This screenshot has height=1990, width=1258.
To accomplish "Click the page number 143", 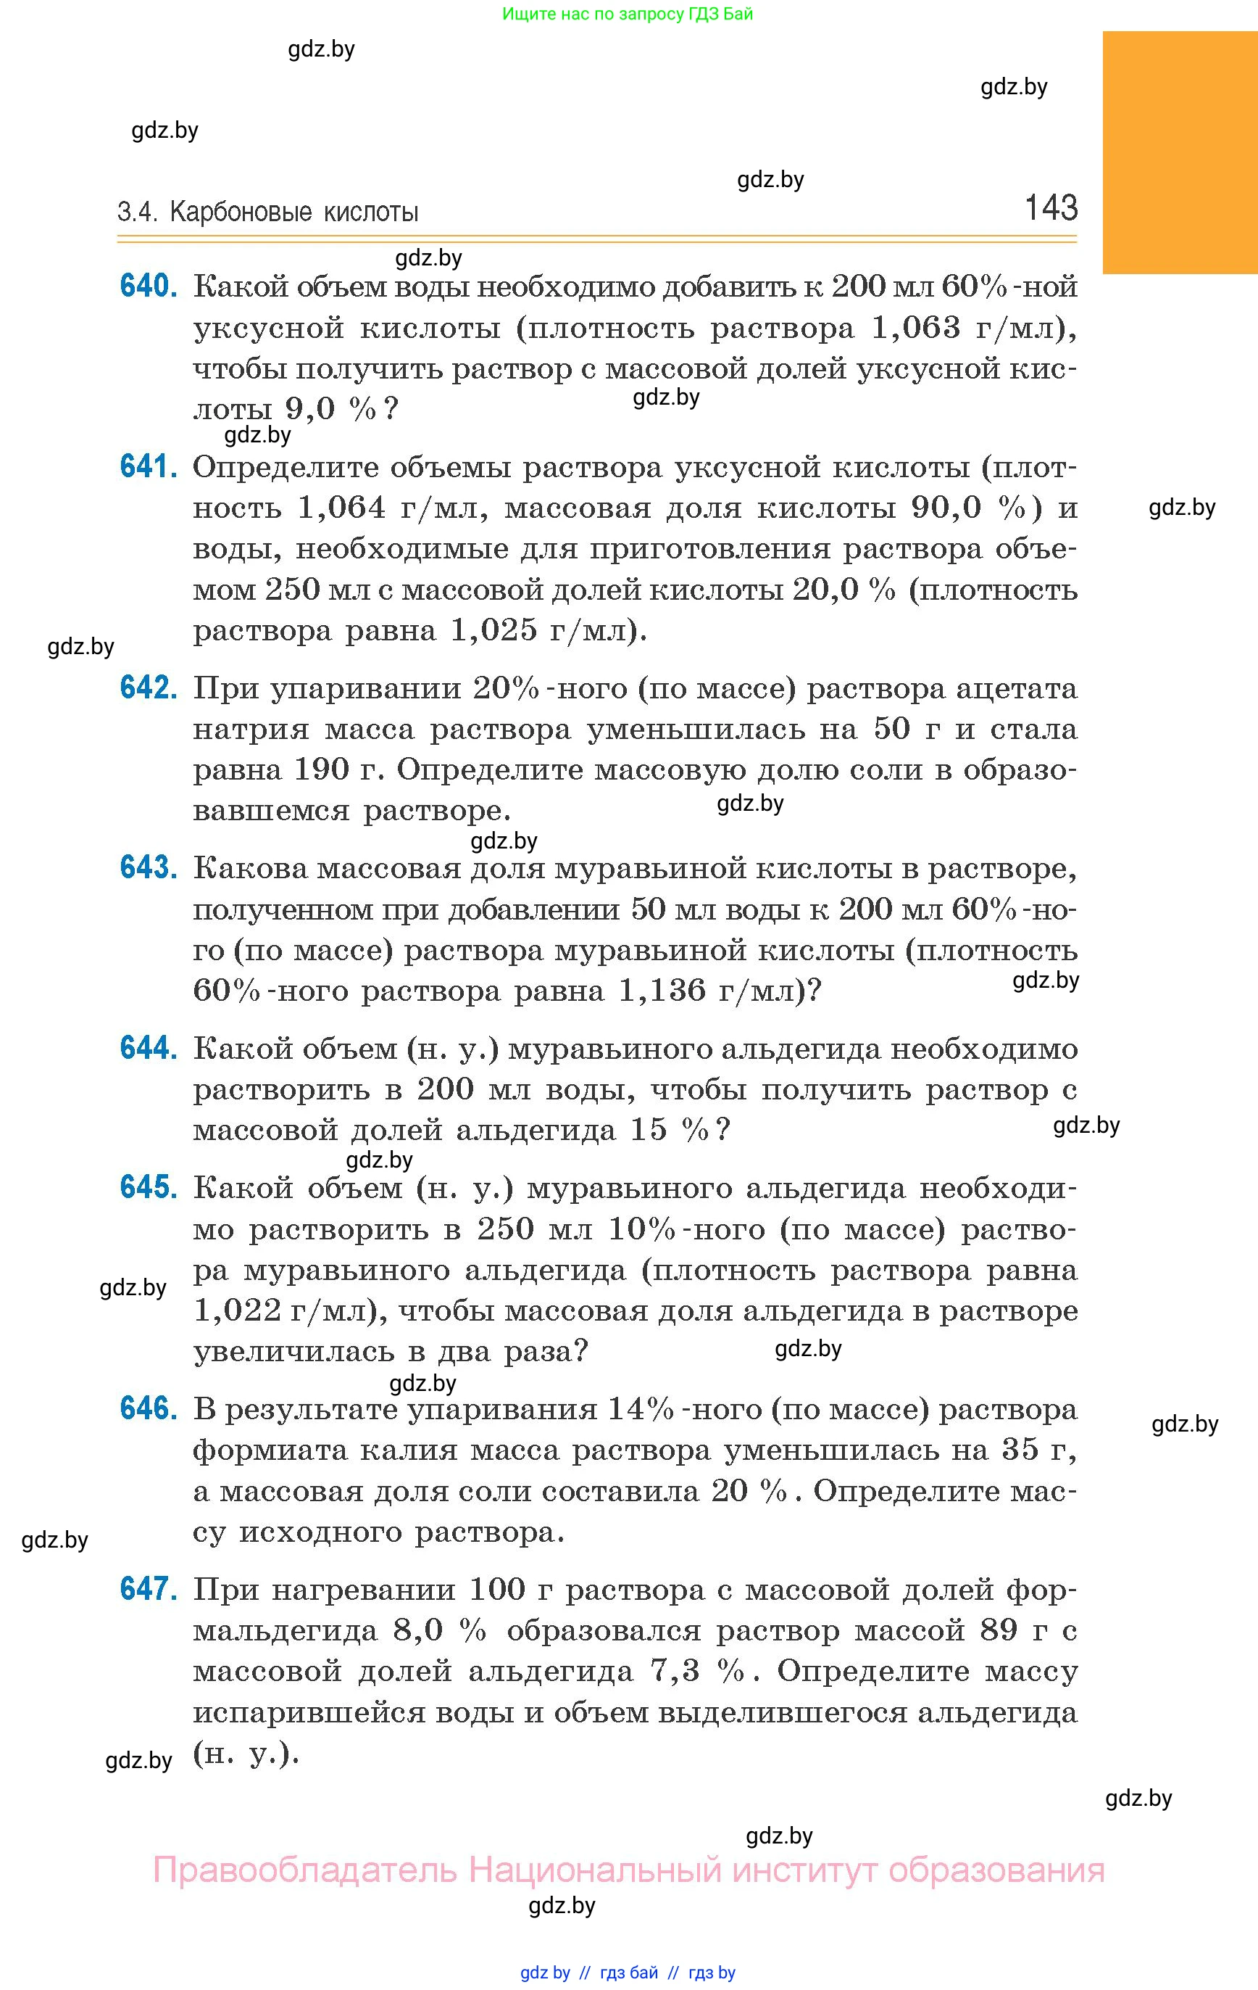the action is pyautogui.click(x=1051, y=207).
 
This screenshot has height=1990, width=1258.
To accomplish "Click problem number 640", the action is pyautogui.click(x=148, y=286).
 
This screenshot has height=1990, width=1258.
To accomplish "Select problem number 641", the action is pyautogui.click(x=148, y=467).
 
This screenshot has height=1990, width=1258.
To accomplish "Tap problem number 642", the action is pyautogui.click(x=148, y=688).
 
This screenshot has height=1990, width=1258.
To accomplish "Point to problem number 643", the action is pyautogui.click(x=148, y=868).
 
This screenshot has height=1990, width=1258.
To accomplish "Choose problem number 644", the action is pyautogui.click(x=148, y=1048).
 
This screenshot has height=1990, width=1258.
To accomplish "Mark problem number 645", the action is pyautogui.click(x=148, y=1188).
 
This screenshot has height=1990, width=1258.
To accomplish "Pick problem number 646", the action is pyautogui.click(x=148, y=1408).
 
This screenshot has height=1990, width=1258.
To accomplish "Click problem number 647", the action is pyautogui.click(x=148, y=1588).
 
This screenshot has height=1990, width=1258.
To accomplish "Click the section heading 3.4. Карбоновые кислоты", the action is pyautogui.click(x=267, y=212).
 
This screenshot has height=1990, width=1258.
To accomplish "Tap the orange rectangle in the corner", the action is pyautogui.click(x=1180, y=152).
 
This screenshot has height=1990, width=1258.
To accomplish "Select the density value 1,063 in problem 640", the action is pyautogui.click(x=916, y=328).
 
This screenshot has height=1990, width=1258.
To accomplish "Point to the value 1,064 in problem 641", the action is pyautogui.click(x=341, y=508).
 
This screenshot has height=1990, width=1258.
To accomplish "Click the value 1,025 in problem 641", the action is pyautogui.click(x=493, y=630).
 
